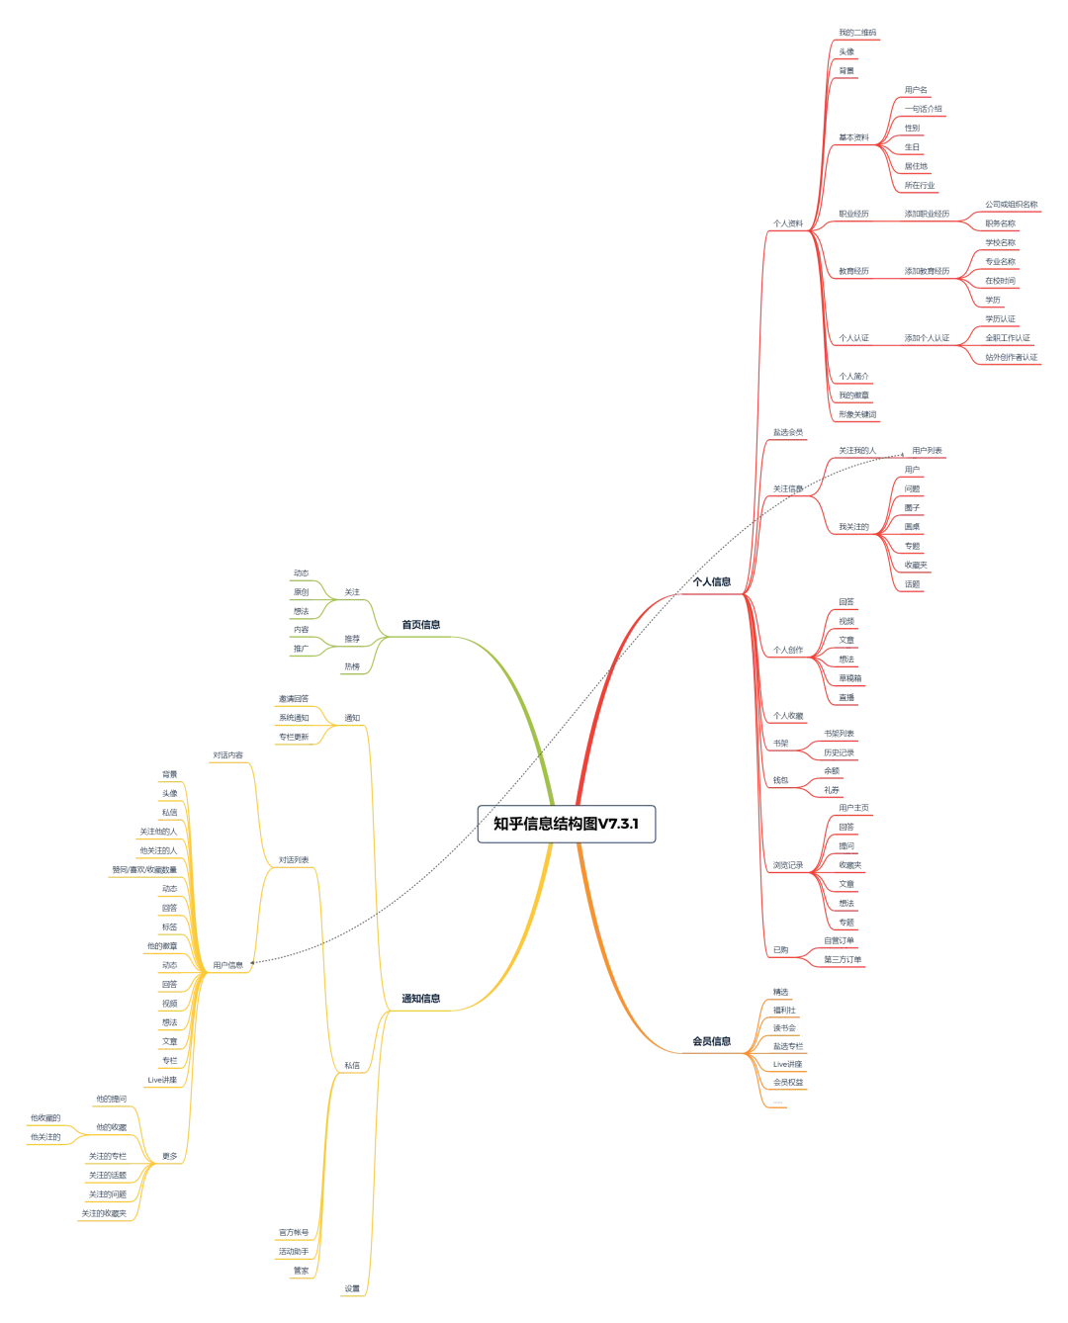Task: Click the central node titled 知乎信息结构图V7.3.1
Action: coord(567,823)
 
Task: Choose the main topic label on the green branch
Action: coord(417,625)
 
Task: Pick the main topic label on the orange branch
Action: coord(712,1041)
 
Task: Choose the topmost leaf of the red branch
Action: coord(856,35)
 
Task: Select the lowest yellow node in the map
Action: coord(352,1287)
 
